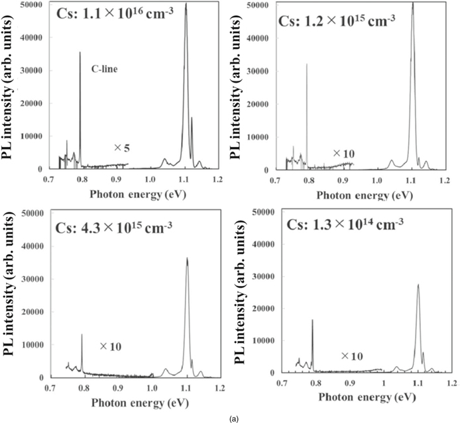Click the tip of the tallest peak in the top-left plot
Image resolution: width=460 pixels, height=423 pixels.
click(x=186, y=5)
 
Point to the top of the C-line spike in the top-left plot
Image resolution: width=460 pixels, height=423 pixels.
click(x=80, y=52)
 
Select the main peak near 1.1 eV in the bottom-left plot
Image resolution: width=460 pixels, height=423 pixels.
click(x=187, y=259)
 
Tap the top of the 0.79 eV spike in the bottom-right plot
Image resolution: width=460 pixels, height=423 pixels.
click(x=312, y=320)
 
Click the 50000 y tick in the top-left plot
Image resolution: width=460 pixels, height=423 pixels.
click(x=30, y=5)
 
